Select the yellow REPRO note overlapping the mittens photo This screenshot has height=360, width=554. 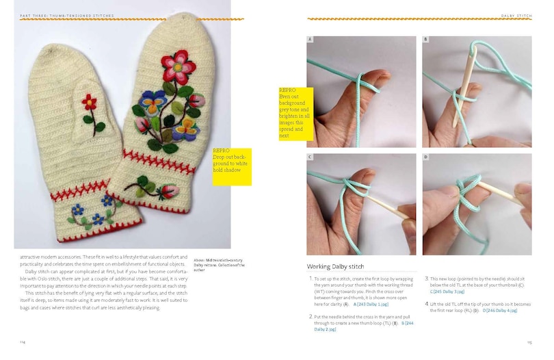(232, 166)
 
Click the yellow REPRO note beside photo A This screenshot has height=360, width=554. (295, 114)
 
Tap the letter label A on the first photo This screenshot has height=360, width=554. (311, 40)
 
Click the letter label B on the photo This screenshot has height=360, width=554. (425, 40)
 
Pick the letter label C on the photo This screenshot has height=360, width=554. (311, 157)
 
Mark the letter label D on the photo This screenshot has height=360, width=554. (425, 157)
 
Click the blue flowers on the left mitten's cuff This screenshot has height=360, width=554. (96, 208)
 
